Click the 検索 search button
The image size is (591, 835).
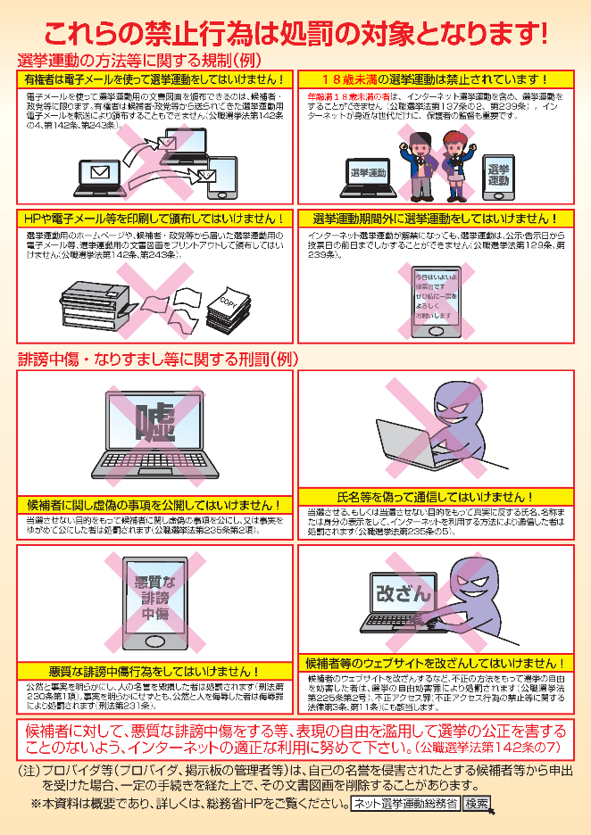click(x=477, y=804)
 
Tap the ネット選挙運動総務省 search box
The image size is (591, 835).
click(x=404, y=804)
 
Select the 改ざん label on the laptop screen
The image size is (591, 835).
click(x=403, y=591)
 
